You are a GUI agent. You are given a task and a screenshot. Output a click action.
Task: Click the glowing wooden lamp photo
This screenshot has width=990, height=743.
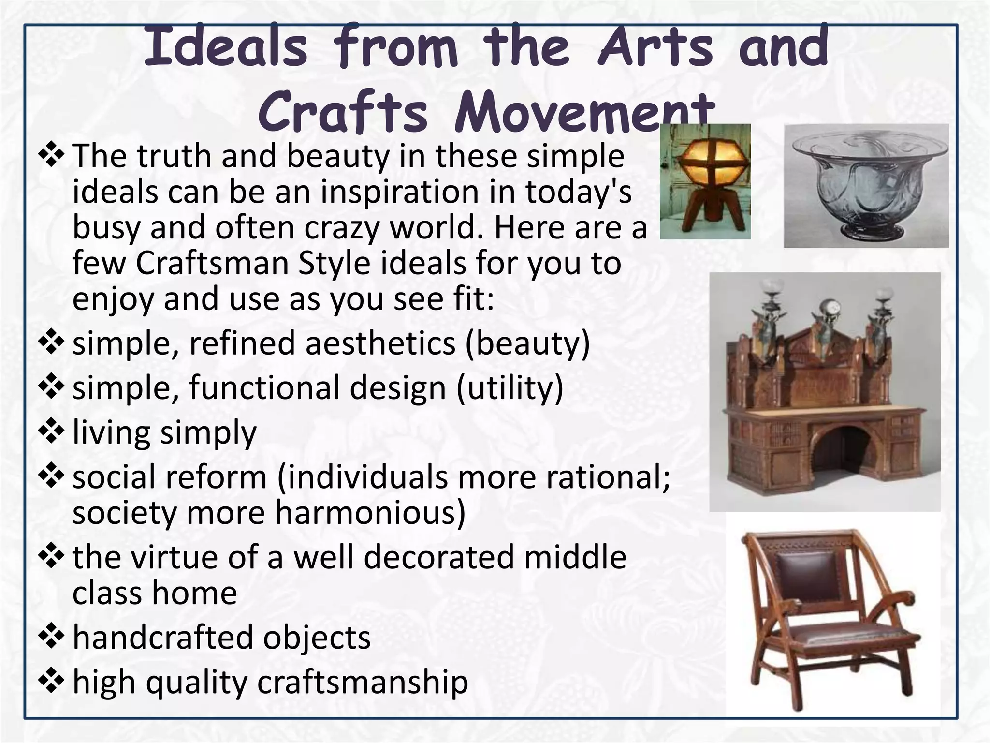click(x=704, y=181)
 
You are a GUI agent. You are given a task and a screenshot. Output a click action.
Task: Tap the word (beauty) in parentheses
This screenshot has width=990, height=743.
click(x=527, y=343)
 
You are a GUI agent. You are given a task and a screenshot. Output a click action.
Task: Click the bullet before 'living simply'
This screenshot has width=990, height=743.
click(x=51, y=432)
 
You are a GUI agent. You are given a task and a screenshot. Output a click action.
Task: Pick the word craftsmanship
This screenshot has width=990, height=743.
click(x=362, y=682)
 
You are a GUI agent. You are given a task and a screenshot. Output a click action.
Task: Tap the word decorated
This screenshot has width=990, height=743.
click(x=439, y=557)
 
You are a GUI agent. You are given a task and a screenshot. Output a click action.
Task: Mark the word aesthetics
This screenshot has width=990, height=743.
click(x=380, y=343)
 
